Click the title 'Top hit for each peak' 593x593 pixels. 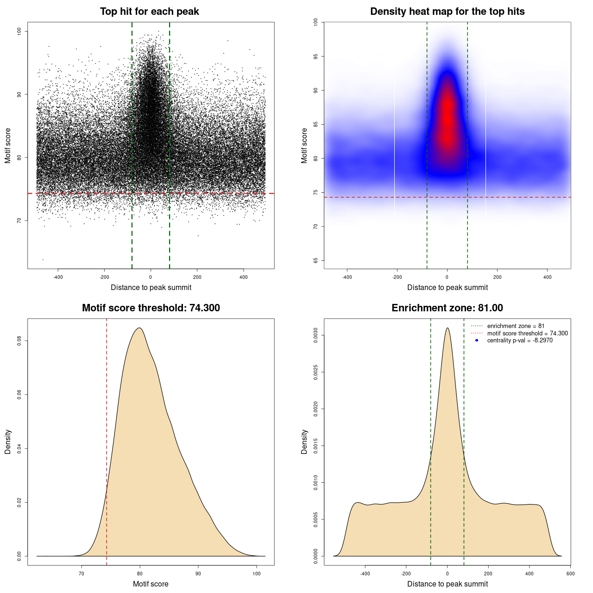(149, 12)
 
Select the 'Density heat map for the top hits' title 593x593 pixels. (447, 12)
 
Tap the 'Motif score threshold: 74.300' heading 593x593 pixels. (151, 308)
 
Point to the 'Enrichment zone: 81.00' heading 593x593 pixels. (447, 308)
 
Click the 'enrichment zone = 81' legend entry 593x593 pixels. (516, 326)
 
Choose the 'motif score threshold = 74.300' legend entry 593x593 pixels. (527, 333)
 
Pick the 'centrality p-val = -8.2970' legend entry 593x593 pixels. (520, 341)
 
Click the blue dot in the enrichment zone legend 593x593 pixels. (477, 341)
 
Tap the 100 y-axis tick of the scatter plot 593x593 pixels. (19, 31)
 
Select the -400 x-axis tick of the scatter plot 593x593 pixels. (58, 277)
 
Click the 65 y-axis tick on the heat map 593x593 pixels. (316, 260)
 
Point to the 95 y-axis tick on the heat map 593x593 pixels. (316, 57)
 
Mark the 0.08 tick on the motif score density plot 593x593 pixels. (19, 341)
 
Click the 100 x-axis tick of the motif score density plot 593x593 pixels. (257, 574)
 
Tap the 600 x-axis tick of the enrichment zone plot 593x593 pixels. (570, 574)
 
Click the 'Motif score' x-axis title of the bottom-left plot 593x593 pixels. (151, 584)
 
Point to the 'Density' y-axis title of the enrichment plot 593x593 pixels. (304, 442)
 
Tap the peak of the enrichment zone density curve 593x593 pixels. (447, 328)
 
